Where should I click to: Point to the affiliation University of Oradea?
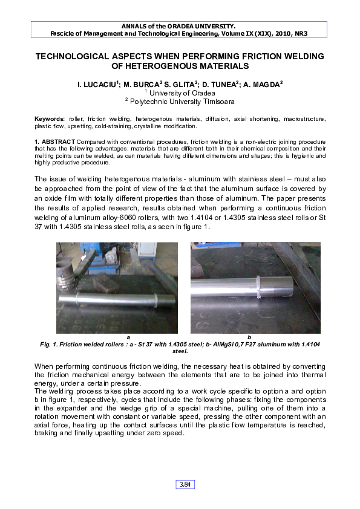click(182, 94)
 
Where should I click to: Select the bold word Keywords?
click(50, 120)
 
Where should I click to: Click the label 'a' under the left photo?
click(128, 337)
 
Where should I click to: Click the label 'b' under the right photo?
click(249, 337)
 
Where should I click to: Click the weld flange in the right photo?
click(258, 287)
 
